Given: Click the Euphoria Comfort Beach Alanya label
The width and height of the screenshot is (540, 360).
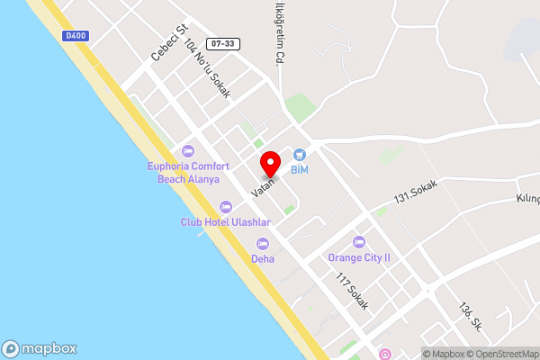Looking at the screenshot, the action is tap(188, 173).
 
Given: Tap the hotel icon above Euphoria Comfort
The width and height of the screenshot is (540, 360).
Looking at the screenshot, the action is tap(188, 151).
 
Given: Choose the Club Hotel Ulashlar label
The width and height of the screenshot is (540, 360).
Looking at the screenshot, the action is tap(225, 221).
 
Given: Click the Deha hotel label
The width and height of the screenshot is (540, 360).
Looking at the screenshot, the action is tap(263, 258).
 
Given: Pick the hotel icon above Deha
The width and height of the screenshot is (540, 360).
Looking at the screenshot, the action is tap(263, 243).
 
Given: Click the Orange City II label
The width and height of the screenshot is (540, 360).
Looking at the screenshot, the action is tap(359, 256).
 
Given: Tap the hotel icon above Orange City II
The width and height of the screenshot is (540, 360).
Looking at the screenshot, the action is tap(359, 241).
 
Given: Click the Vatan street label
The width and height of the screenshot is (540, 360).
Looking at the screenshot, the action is tap(263, 187).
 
